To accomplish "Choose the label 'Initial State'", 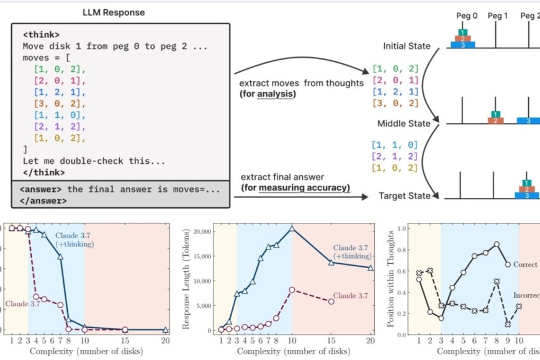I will pos(407,47).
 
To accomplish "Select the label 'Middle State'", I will pos(407,123).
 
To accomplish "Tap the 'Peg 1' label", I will pos(497,15).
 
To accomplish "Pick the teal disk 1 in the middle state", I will pos(495,114).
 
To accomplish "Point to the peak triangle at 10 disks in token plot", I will pos(292,228).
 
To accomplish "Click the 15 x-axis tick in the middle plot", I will pos(331,341).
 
